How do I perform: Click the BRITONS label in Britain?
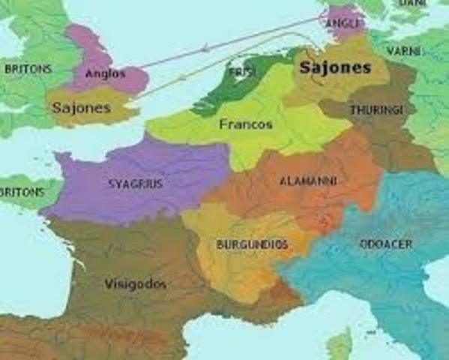pos(28,69)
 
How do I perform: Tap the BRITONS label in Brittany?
pos(20,192)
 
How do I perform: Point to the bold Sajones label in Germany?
pos(335,68)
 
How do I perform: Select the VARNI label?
pos(403,50)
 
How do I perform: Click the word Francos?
pos(246,124)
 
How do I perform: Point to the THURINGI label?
pos(376,110)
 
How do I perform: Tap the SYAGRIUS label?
pos(136,183)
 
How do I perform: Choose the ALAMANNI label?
pos(307,181)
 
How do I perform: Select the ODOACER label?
pos(385,244)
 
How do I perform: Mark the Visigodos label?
pos(135,285)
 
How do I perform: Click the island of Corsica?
pos(340,346)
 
